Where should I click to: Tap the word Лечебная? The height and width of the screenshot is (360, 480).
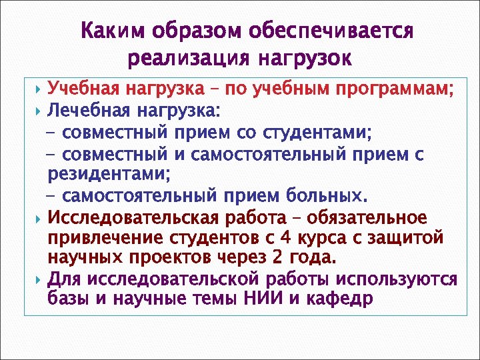point(88,109)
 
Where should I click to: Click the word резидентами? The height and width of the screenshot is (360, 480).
point(108,175)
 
